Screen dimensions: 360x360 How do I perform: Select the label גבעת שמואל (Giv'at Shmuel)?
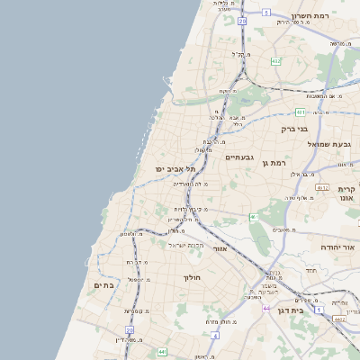click(x=332, y=144)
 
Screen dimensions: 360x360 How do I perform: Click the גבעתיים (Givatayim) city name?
click(x=241, y=157)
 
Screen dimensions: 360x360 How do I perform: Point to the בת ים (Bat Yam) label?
click(x=104, y=284)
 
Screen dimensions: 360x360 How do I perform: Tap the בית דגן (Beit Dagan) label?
click(x=310, y=310)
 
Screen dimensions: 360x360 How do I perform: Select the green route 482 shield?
click(x=275, y=61)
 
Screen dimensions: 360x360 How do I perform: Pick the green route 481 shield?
click(x=301, y=112)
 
